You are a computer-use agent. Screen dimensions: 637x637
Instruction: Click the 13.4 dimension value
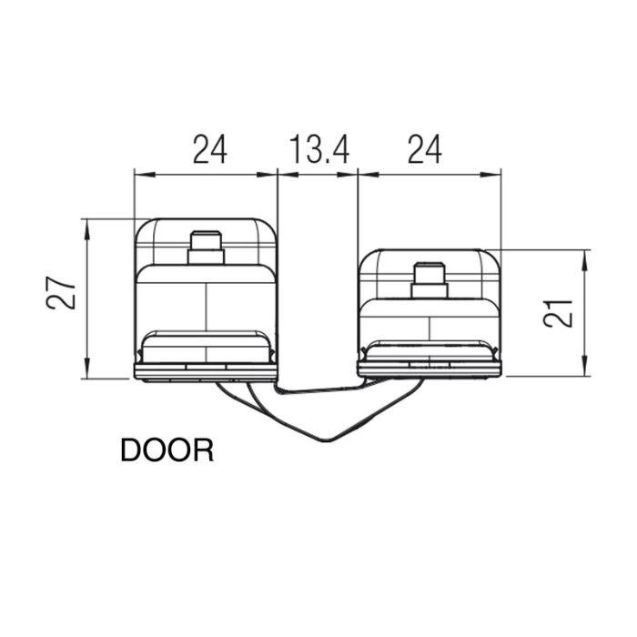(x=318, y=148)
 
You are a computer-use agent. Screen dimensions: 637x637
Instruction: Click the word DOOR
(x=167, y=450)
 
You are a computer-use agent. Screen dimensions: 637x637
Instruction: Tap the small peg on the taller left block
(x=207, y=247)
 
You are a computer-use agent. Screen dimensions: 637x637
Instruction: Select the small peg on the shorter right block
(x=429, y=278)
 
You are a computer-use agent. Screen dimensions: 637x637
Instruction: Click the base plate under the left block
(x=206, y=370)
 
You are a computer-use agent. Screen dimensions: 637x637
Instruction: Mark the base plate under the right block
(x=429, y=369)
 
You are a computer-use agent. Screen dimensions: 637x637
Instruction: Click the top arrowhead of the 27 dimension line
(x=87, y=224)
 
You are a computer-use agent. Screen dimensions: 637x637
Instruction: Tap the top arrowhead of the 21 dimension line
(x=583, y=255)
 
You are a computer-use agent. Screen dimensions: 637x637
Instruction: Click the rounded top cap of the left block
(x=206, y=225)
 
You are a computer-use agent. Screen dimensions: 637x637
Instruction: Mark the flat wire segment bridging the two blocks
(x=318, y=390)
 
